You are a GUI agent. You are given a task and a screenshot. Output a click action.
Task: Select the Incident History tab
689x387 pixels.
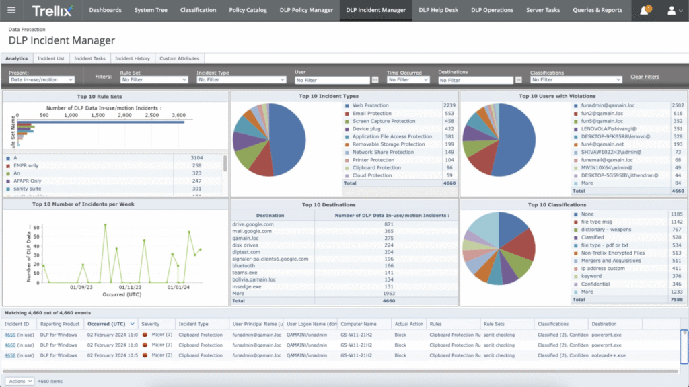click(x=132, y=58)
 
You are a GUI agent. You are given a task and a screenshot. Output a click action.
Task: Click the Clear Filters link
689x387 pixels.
click(x=645, y=77)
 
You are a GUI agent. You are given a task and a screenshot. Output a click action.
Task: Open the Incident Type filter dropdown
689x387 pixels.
click(x=241, y=80)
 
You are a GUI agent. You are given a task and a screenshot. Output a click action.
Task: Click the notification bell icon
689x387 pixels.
click(x=644, y=11)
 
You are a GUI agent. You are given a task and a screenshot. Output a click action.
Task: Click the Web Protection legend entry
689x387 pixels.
click(x=371, y=105)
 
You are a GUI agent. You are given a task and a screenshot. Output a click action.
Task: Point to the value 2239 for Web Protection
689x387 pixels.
click(x=449, y=105)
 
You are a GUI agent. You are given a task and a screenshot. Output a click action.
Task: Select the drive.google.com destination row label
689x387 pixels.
click(x=252, y=224)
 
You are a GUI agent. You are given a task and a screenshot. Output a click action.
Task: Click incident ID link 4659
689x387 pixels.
click(x=10, y=334)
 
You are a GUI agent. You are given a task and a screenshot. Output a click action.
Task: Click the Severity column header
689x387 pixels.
click(x=151, y=324)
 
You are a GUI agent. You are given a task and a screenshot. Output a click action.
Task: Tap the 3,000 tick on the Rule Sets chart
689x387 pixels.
click(x=178, y=115)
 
